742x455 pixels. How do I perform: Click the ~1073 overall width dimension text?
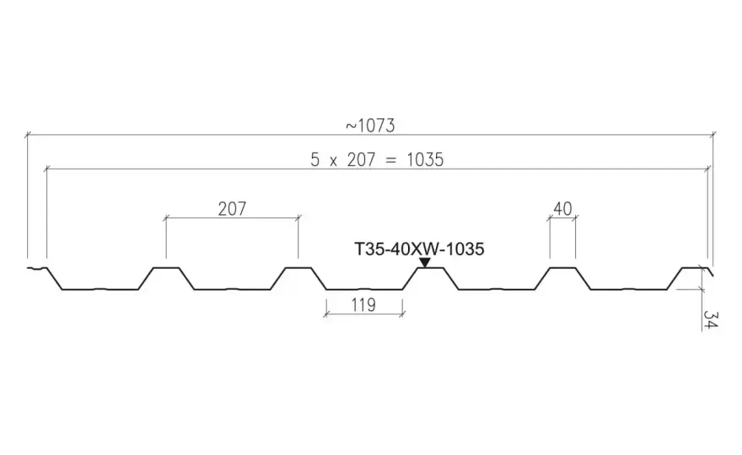click(370, 126)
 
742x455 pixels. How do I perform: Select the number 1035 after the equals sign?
click(425, 160)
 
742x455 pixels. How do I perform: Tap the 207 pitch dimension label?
click(232, 209)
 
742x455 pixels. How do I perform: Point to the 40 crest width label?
click(562, 209)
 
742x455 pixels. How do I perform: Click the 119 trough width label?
click(363, 305)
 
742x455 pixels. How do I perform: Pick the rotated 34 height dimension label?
click(711, 319)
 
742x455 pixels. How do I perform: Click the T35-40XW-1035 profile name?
click(419, 249)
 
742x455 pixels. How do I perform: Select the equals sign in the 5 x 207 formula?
click(390, 160)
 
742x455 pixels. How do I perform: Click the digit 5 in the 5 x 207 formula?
click(315, 160)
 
